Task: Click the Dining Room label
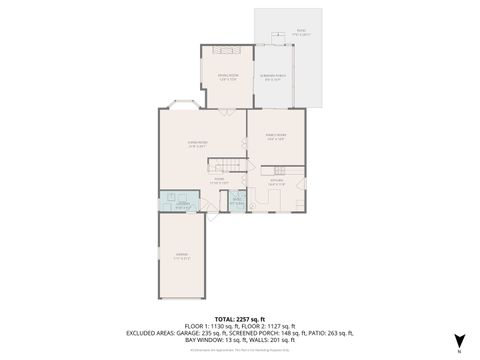pyautogui.click(x=228, y=76)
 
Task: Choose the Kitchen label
pyautogui.click(x=277, y=182)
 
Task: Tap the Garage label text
pyautogui.click(x=182, y=258)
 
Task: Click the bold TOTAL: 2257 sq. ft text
pyautogui.click(x=240, y=317)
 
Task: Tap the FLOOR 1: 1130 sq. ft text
pyautogui.click(x=215, y=326)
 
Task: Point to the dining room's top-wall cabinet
pyautogui.click(x=229, y=49)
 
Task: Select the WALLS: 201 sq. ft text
pyautogui.click(x=267, y=342)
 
